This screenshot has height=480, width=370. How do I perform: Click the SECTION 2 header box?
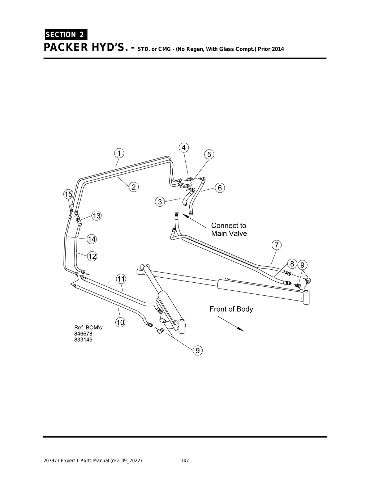(x=65, y=35)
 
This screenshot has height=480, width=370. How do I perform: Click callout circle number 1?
(x=119, y=153)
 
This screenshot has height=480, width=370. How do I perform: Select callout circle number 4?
(x=184, y=148)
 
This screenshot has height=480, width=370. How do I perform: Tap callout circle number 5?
(x=209, y=155)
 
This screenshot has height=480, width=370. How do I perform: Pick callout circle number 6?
(x=219, y=188)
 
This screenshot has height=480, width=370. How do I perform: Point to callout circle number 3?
(x=160, y=202)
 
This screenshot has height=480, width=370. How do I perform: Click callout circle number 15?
(x=68, y=194)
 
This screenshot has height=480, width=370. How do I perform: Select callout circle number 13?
(x=96, y=216)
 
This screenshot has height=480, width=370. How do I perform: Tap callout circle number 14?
(x=92, y=239)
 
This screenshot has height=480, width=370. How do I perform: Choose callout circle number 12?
(x=92, y=256)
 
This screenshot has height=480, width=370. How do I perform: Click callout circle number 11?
(x=121, y=279)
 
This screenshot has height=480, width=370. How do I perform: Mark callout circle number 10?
(x=120, y=322)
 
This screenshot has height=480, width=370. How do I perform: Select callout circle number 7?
(x=276, y=245)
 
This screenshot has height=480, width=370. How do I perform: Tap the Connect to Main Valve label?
(x=229, y=230)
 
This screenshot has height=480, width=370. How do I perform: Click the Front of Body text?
(x=231, y=309)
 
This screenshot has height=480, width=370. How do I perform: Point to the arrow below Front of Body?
(x=230, y=323)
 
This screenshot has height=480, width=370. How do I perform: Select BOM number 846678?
(x=83, y=334)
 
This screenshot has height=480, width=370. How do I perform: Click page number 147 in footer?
(x=185, y=461)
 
